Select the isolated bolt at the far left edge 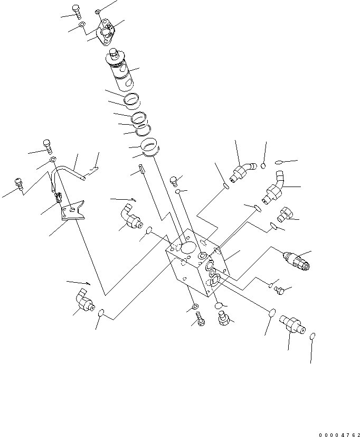tap(20, 183)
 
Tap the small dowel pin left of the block tap(141, 170)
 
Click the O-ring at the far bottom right tap(313, 337)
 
